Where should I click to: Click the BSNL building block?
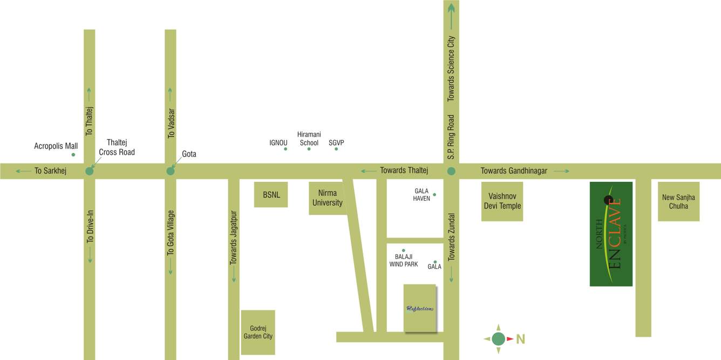[x=271, y=195]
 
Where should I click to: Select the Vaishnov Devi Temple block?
[x=502, y=201]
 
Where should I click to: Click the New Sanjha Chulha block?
[x=678, y=201]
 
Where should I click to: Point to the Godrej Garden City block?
[x=258, y=332]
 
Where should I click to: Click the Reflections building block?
[x=420, y=308]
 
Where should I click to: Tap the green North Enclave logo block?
[x=611, y=234]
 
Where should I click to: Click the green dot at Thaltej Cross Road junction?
[x=90, y=171]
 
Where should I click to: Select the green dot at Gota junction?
[x=171, y=171]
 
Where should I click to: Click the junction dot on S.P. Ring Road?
[x=451, y=171]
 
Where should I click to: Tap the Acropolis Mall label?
[x=56, y=146]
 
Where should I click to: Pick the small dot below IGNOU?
[x=285, y=148]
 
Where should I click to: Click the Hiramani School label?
[x=309, y=139]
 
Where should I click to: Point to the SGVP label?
[x=336, y=143]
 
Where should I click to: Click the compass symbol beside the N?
[x=498, y=338]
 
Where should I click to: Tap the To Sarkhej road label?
[x=50, y=171]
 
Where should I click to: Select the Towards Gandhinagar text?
[x=514, y=171]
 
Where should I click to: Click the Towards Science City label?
[x=451, y=69]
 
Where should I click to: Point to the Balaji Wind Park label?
[x=404, y=261]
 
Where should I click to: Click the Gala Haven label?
[x=422, y=194]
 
